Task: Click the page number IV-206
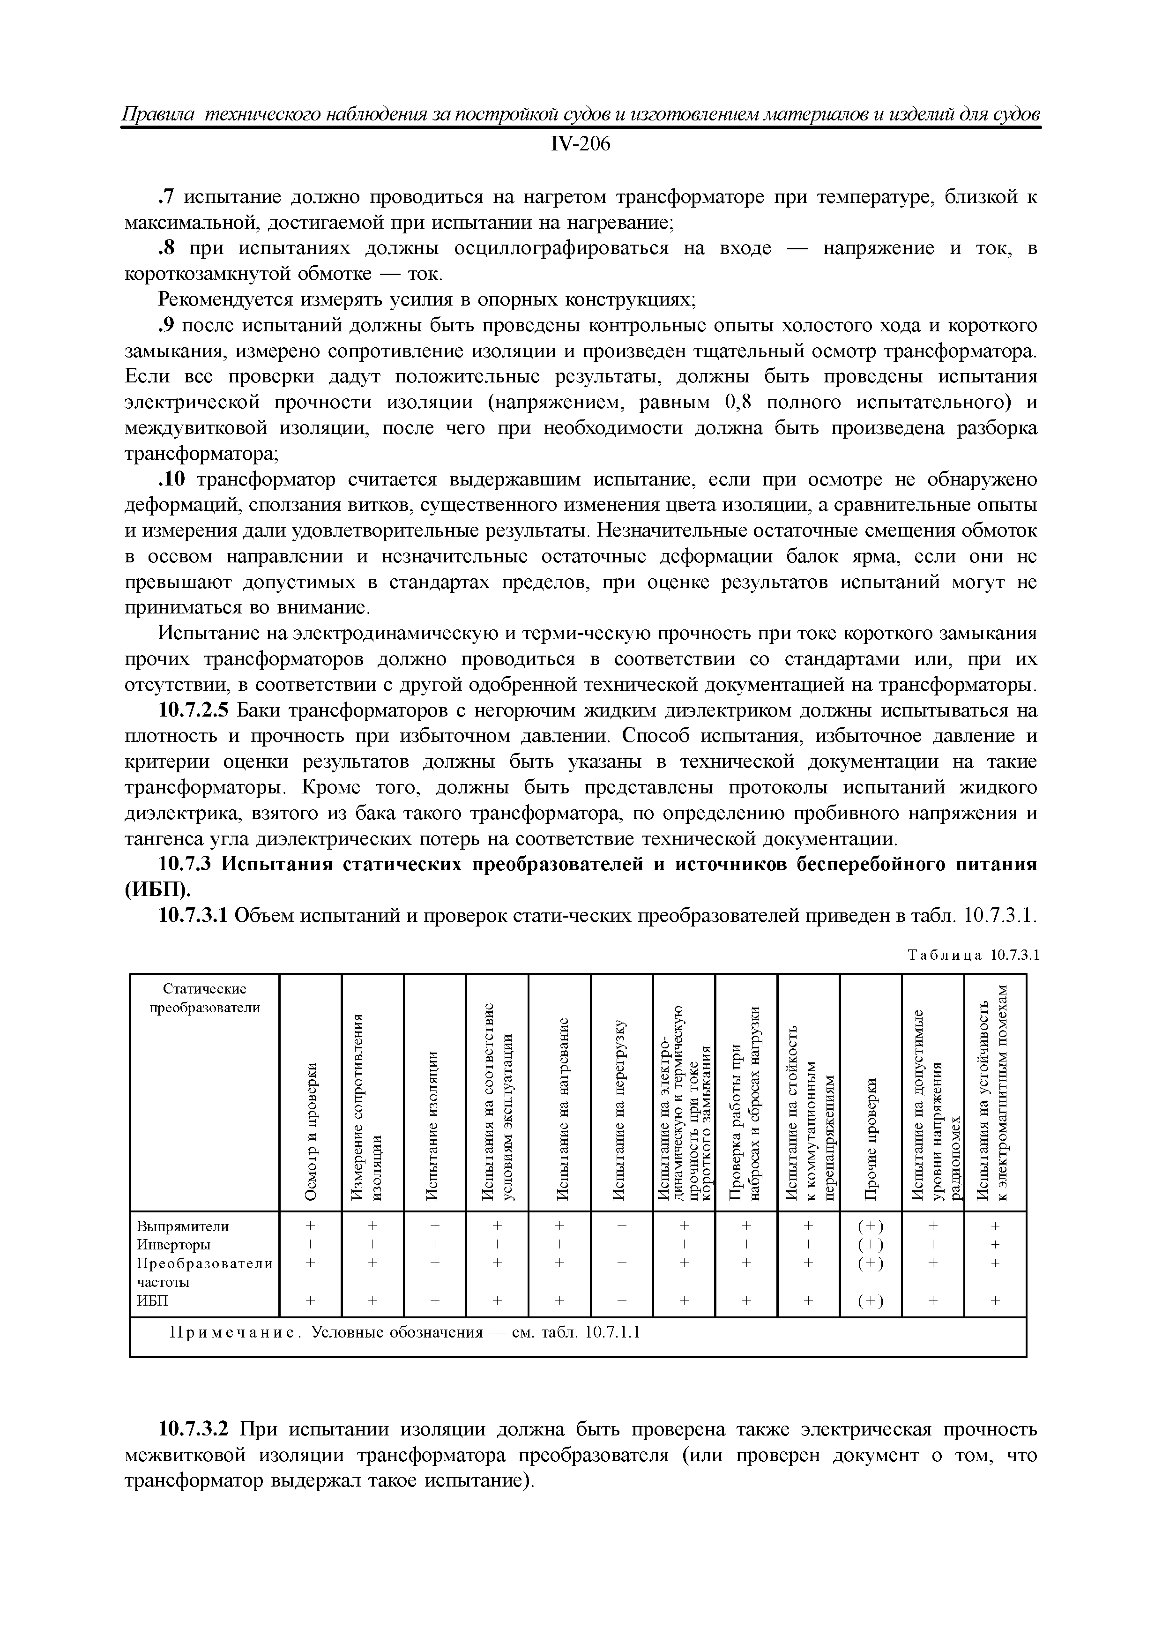pyautogui.click(x=580, y=145)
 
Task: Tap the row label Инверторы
pyautogui.click(x=173, y=1244)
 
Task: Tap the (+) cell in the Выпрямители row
pyautogui.click(x=871, y=1226)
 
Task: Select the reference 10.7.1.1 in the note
pyautogui.click(x=612, y=1332)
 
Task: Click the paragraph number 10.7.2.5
pyautogui.click(x=194, y=711)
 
